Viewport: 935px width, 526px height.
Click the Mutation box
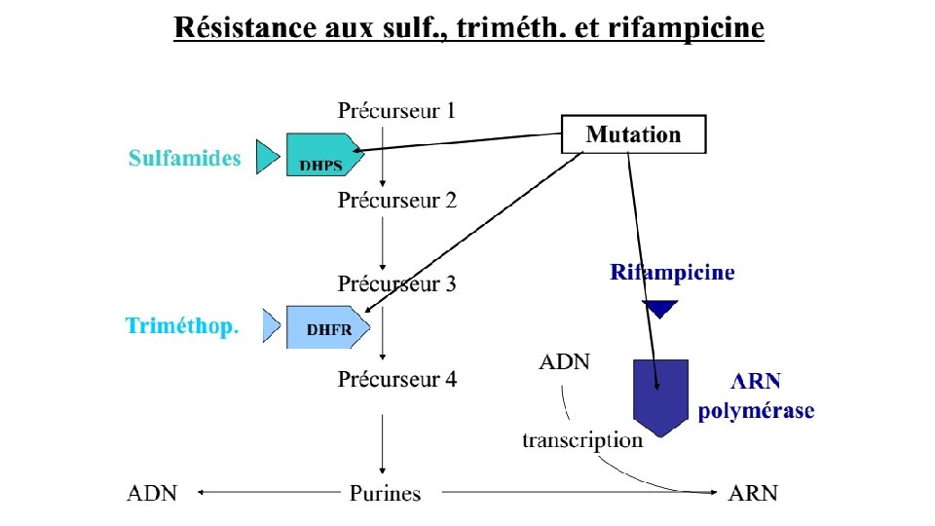(x=633, y=134)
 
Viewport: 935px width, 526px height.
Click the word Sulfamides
(x=184, y=158)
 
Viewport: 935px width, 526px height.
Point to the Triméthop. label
(x=181, y=326)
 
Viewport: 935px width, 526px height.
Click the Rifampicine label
(x=672, y=273)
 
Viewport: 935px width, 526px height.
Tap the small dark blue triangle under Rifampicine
(x=660, y=308)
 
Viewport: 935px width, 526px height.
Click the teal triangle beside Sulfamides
(x=266, y=156)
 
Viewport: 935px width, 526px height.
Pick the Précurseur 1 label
(x=396, y=110)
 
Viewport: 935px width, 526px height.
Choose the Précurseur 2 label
(x=396, y=201)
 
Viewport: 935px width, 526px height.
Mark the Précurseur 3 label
(x=396, y=284)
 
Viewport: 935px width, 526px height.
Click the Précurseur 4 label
(x=396, y=379)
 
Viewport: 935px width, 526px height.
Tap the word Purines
(x=386, y=493)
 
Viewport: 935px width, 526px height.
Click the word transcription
(x=582, y=439)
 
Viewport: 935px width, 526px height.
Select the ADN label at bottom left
(x=153, y=493)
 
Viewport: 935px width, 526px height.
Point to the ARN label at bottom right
(x=753, y=493)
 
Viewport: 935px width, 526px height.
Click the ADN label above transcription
(x=564, y=362)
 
